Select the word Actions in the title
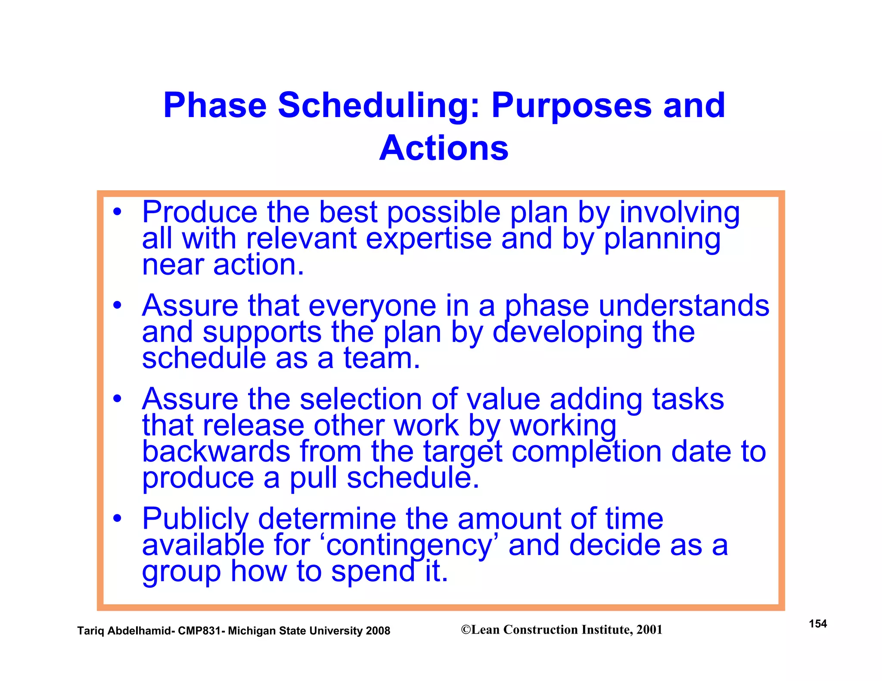[444, 148]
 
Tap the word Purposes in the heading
[571, 106]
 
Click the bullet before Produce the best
[117, 212]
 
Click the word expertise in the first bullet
[429, 239]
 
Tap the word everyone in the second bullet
[372, 306]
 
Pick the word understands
[684, 306]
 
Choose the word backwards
[216, 452]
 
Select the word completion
[586, 452]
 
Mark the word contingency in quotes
[409, 545]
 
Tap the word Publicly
[196, 519]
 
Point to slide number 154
[817, 624]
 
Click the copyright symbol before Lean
[466, 630]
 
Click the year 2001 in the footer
[649, 630]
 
